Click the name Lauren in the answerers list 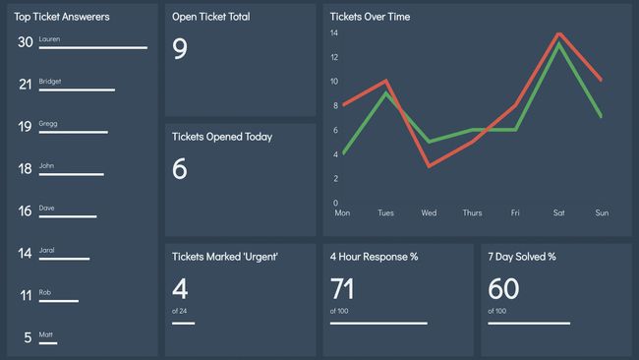[x=50, y=38]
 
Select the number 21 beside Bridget [x=26, y=85]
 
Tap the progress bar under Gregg [x=74, y=132]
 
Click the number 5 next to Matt [x=29, y=338]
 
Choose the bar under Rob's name [x=59, y=301]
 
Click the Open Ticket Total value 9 [x=180, y=49]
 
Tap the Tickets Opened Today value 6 [x=180, y=169]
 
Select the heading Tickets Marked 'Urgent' [x=225, y=257]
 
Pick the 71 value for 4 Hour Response [x=343, y=289]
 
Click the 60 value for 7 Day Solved [x=503, y=289]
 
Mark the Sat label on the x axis [x=559, y=212]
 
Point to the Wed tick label [x=430, y=212]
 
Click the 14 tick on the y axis [x=334, y=32]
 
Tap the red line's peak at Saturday [x=559, y=33]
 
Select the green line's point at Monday [x=342, y=154]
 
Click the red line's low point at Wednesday [x=430, y=166]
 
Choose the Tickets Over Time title [x=370, y=17]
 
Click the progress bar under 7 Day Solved [x=529, y=323]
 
